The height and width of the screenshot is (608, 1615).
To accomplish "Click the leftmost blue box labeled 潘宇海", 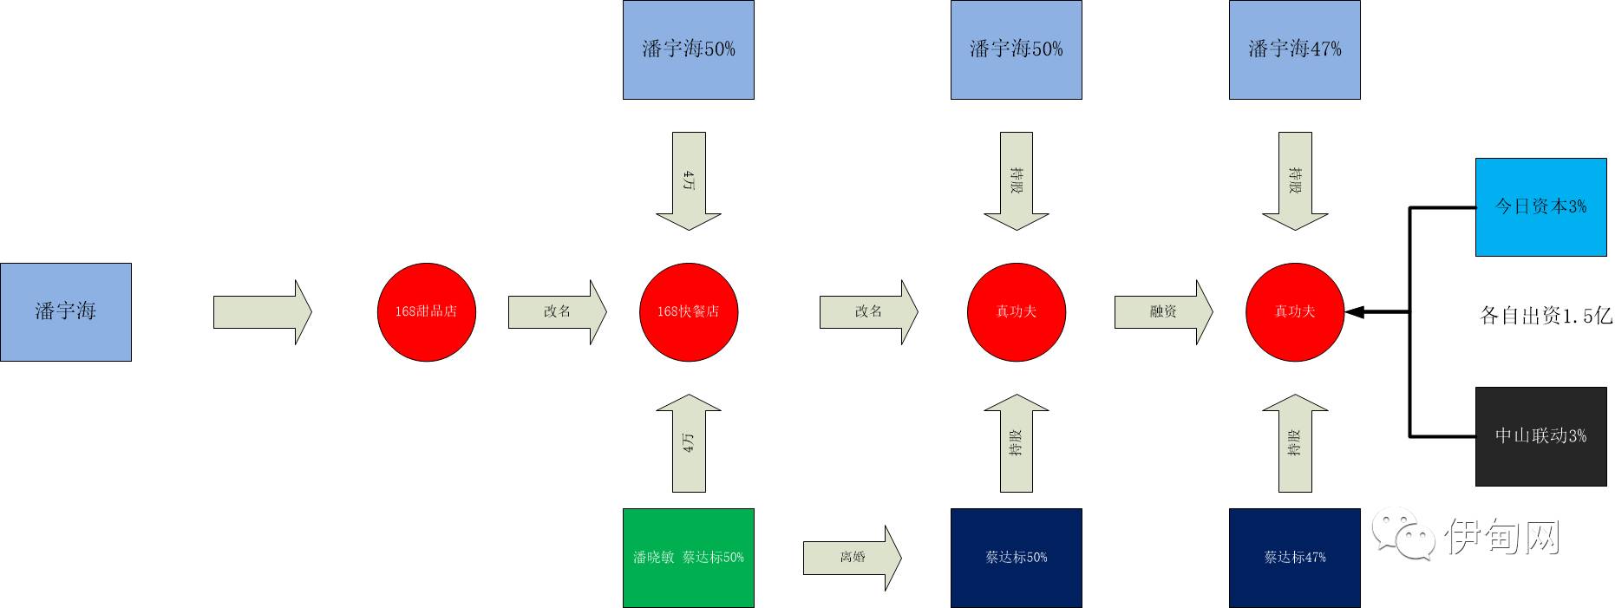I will tap(66, 311).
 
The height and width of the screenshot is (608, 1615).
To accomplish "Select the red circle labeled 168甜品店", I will tap(426, 311).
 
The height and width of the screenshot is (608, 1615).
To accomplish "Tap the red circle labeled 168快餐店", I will tap(689, 311).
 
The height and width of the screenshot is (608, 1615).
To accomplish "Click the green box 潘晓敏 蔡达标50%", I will tap(689, 558).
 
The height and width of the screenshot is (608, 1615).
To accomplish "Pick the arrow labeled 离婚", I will tap(852, 558).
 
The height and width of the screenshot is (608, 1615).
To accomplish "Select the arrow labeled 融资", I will tap(1163, 311).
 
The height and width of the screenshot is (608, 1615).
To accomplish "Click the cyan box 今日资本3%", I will tap(1540, 206).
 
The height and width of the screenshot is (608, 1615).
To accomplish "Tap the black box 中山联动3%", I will tap(1540, 435).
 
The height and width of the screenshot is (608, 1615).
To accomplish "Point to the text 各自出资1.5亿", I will tap(1545, 316).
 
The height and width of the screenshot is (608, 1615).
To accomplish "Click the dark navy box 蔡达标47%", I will tap(1294, 558).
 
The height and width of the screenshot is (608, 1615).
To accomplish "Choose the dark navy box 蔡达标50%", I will tap(1016, 558).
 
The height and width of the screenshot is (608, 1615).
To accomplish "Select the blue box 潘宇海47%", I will tap(1294, 49).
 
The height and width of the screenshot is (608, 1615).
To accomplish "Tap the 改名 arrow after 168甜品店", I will tap(557, 311).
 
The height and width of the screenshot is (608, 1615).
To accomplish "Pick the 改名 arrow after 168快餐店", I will tap(868, 311).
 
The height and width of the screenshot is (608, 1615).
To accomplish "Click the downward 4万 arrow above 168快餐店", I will tap(689, 180).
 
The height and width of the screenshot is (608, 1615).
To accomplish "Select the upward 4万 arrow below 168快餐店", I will tap(689, 443).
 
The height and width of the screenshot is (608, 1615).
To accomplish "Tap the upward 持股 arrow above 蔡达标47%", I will tap(1294, 443).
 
